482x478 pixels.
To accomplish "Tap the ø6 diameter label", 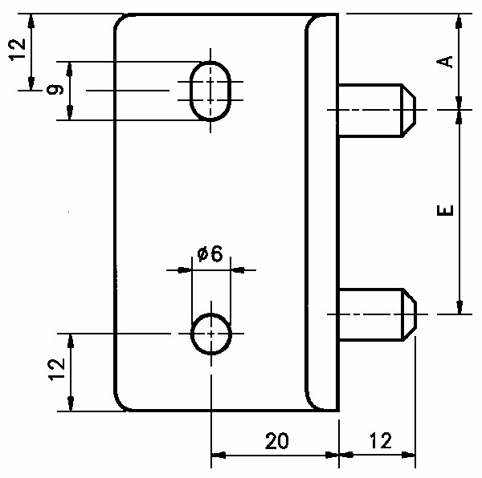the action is click(x=210, y=254).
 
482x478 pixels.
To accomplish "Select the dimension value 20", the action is click(x=277, y=441).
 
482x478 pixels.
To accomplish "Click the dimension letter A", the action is click(x=445, y=62).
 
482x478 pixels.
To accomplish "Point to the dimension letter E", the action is click(x=445, y=210).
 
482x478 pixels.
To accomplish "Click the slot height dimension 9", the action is click(x=55, y=90).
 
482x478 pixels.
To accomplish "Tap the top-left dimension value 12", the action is click(x=17, y=50).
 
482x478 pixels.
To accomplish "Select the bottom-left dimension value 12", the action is click(x=57, y=370).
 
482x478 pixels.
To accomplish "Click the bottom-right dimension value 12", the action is click(x=381, y=441).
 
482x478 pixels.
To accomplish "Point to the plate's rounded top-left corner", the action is click(x=119, y=20).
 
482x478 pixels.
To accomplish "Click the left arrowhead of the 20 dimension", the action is click(x=219, y=455).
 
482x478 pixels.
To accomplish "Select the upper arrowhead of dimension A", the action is click(x=459, y=22).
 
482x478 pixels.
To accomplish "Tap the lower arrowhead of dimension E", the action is click(x=460, y=307).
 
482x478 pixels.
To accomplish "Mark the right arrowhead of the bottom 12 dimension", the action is click(x=409, y=455).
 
